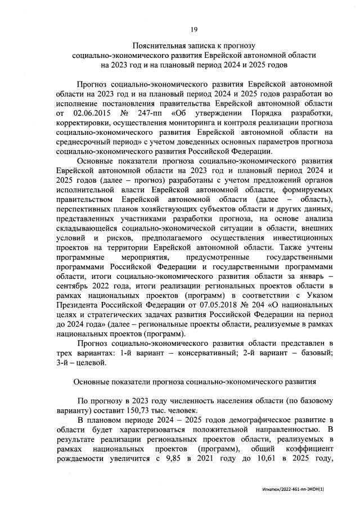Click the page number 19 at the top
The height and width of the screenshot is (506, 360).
coord(194,29)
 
